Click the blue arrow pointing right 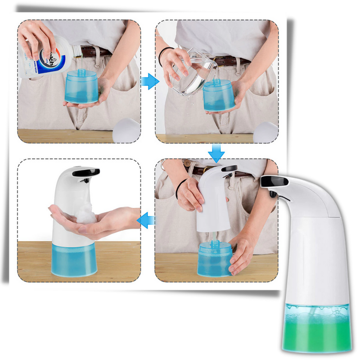coord(150,81)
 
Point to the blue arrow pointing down coord(216,153)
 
